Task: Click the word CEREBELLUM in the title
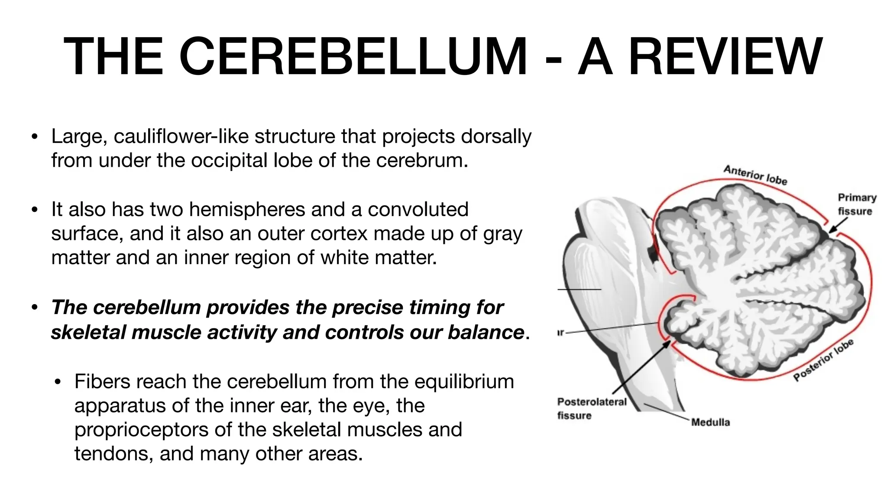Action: tap(353, 57)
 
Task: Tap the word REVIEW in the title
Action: tap(725, 57)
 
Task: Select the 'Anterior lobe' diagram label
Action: tap(755, 175)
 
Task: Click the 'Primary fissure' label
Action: tap(857, 204)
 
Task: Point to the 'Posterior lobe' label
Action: tap(823, 360)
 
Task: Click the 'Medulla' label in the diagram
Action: tap(710, 422)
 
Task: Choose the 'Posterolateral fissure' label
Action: tap(592, 408)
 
